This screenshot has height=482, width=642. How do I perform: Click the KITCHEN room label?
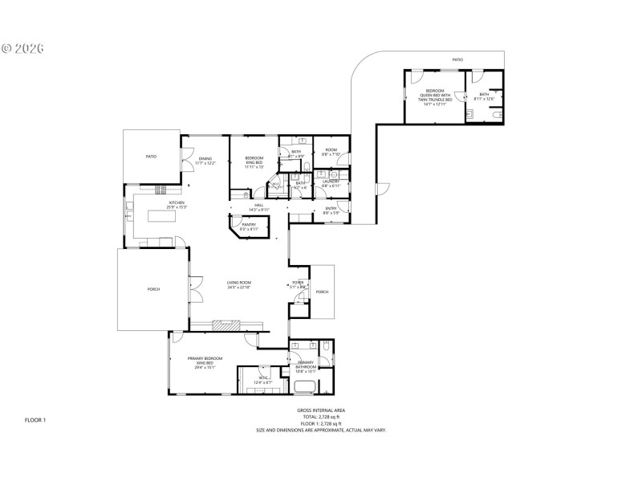point(176,204)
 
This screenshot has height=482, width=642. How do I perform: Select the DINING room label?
point(206,161)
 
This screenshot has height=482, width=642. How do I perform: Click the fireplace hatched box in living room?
point(226,325)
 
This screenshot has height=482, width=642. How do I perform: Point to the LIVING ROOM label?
point(239,284)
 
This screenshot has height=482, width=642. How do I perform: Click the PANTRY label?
point(249,226)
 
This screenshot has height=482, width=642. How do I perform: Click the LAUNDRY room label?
point(331,183)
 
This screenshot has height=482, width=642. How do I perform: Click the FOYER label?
point(298,284)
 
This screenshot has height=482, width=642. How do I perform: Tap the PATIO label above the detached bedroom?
point(457,59)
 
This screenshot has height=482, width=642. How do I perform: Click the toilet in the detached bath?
point(498,116)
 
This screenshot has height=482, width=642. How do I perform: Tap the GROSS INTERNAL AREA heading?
point(321,410)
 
